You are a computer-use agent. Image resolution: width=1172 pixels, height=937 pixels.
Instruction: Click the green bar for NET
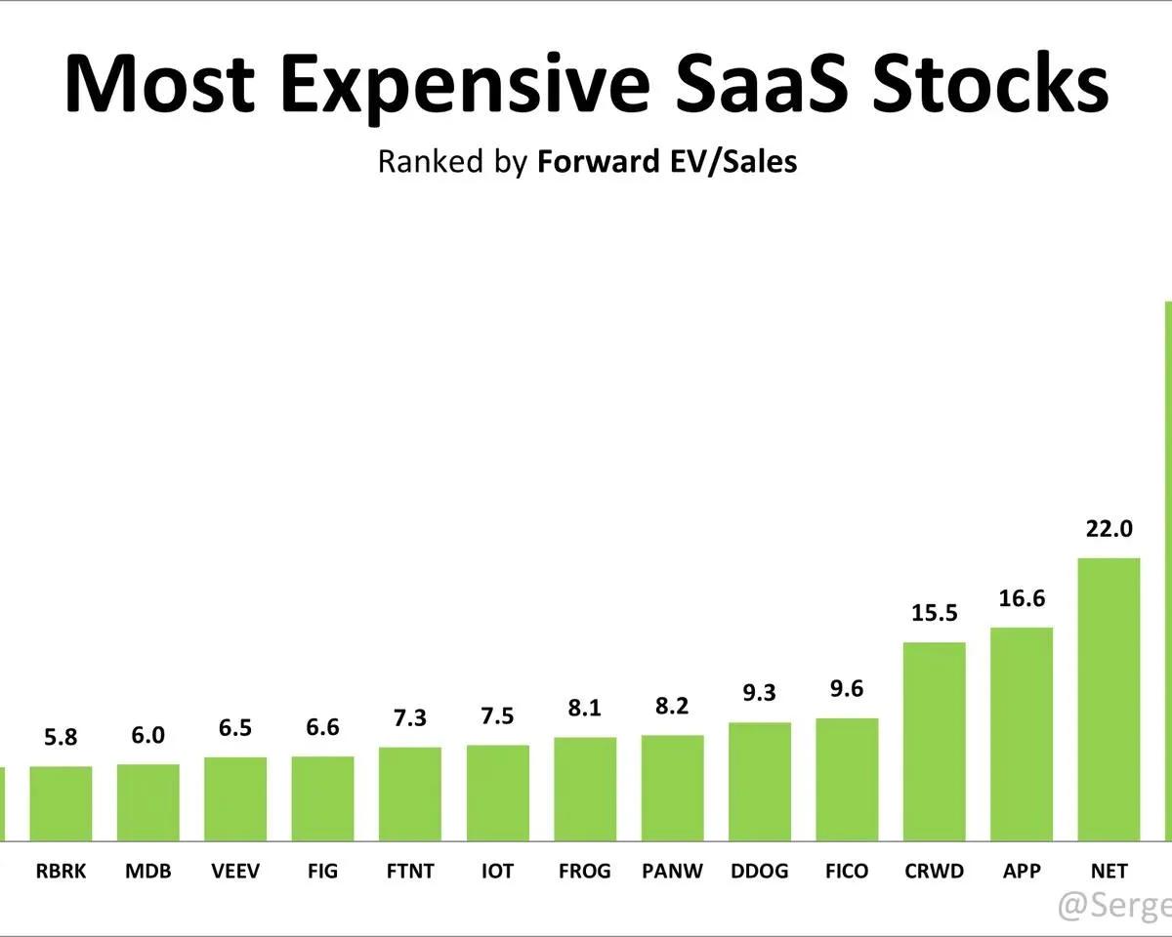tap(1109, 698)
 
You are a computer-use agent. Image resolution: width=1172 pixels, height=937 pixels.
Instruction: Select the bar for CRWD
tap(935, 740)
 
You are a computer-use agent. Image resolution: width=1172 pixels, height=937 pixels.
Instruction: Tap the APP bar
tap(1022, 732)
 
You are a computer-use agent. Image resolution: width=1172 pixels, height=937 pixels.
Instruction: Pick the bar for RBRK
tap(61, 802)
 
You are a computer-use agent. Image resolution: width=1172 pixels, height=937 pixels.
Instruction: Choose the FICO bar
tap(847, 778)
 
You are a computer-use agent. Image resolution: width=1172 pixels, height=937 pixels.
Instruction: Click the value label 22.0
tap(1109, 529)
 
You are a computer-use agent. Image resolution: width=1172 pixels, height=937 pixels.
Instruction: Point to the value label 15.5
tap(935, 613)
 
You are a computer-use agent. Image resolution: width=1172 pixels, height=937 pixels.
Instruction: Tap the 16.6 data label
tap(1022, 598)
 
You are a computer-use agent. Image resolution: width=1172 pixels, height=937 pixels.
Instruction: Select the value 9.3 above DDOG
tap(759, 693)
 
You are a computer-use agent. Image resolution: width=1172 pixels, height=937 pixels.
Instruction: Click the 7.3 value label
tap(409, 717)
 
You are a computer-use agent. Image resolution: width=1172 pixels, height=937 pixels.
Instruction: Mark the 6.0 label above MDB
tap(147, 735)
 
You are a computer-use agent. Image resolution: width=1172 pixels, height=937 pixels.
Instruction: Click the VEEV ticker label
tap(235, 871)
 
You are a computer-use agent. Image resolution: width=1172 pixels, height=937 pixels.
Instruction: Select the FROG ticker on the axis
tap(584, 871)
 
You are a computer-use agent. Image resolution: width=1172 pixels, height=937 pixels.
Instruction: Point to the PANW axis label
tap(672, 871)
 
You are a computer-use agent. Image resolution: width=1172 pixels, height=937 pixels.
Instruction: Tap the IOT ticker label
tap(497, 871)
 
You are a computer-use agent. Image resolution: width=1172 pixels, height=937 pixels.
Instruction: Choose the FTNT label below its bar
tap(409, 871)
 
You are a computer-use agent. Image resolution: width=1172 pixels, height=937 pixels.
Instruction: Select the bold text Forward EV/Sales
tap(667, 161)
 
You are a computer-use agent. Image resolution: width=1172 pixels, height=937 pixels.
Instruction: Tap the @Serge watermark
tap(1114, 905)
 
